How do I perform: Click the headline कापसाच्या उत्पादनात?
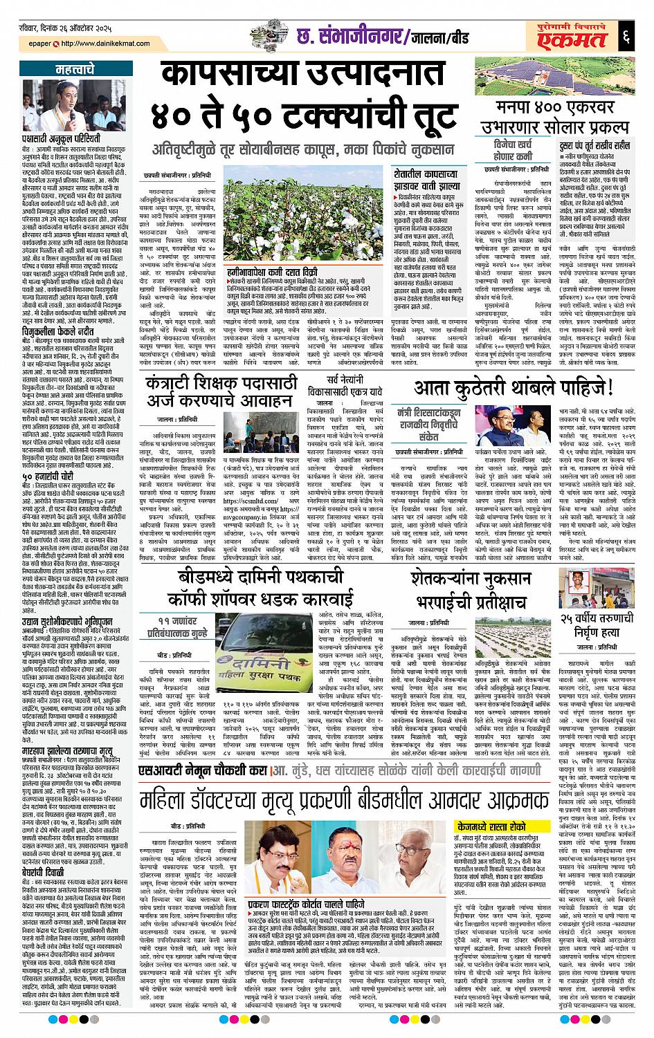tap(309, 75)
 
